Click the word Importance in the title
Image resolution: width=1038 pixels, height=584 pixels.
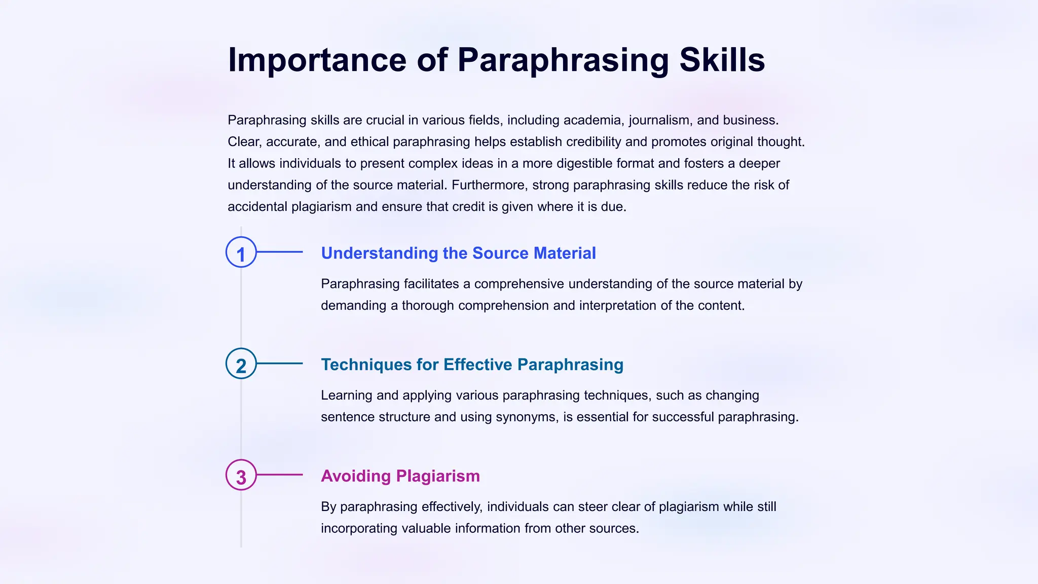coord(317,60)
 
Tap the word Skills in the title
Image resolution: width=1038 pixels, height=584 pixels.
coord(722,60)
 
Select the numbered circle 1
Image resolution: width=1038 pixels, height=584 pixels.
coord(241,252)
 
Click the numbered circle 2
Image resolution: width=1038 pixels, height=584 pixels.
coord(241,363)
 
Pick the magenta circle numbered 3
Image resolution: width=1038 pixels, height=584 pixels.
coord(241,475)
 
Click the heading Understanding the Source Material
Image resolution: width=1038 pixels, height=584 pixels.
coord(458,253)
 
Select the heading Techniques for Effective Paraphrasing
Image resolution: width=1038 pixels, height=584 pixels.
coord(472,364)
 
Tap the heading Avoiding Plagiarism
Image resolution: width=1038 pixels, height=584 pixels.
coord(400,476)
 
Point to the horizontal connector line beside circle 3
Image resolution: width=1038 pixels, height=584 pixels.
coord(280,475)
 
